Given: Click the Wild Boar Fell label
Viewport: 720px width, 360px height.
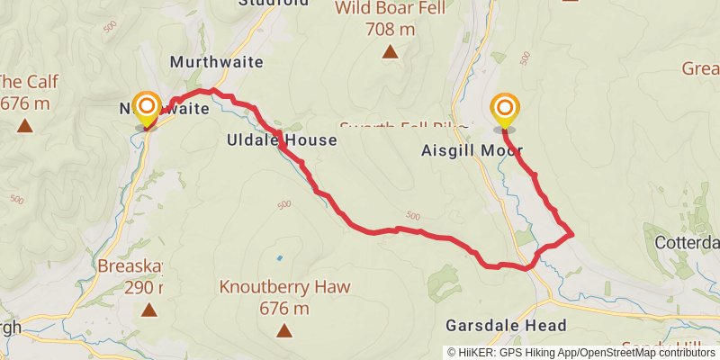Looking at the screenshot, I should coord(390,10).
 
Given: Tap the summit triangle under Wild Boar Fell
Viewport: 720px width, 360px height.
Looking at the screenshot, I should coord(390,52).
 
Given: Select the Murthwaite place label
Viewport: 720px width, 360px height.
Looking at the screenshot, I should coord(216,62).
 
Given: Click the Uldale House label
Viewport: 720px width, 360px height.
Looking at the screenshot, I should coord(282,140).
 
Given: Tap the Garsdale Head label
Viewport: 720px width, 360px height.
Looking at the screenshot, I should coord(506,325).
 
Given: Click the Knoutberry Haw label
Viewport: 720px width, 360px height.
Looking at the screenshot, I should coord(284,288).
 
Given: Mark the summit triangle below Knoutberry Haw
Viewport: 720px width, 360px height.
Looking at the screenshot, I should coord(284,330).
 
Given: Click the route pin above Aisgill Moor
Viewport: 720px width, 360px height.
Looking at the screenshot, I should coord(505,112).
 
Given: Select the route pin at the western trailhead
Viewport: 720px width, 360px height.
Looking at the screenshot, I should coord(146,110).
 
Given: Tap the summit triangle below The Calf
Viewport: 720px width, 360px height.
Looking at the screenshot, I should coord(25,125).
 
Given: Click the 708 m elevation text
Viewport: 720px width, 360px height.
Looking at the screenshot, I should coord(390,30).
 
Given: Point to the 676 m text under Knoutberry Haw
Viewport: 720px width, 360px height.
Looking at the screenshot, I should coord(284,309).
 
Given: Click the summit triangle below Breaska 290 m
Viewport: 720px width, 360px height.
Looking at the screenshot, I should coord(148,310).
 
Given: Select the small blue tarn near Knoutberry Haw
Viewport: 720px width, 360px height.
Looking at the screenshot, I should coord(279,258).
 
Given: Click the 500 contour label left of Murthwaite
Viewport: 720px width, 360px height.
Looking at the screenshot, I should coord(109,28).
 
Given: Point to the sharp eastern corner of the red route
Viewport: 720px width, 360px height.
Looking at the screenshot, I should coord(572,235).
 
